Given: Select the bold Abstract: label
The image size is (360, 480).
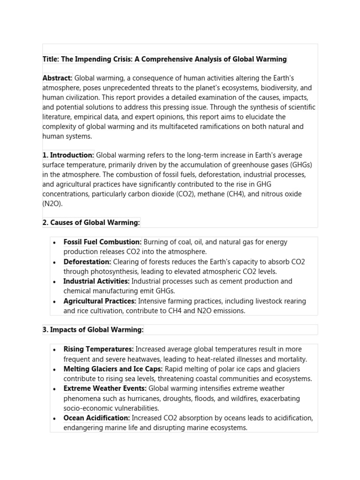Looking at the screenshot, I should (x=57, y=78).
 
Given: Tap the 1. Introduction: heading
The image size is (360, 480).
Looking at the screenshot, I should (x=68, y=155).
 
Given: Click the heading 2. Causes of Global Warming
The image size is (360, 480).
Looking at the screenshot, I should (x=91, y=223).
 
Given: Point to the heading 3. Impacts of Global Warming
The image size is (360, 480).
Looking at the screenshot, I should (x=93, y=330).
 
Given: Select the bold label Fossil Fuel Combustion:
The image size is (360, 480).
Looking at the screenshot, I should (x=102, y=242).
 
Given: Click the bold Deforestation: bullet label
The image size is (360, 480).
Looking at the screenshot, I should (x=87, y=262).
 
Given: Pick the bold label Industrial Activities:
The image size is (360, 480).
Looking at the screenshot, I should (x=96, y=281).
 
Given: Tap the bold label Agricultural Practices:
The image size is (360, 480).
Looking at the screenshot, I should (x=100, y=301).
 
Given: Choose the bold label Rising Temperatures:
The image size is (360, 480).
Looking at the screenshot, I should (x=98, y=349).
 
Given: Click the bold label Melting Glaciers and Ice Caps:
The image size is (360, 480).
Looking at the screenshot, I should (x=113, y=369).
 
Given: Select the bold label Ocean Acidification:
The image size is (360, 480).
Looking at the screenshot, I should (x=97, y=418).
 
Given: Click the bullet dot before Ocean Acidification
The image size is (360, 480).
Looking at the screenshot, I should (x=54, y=418).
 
